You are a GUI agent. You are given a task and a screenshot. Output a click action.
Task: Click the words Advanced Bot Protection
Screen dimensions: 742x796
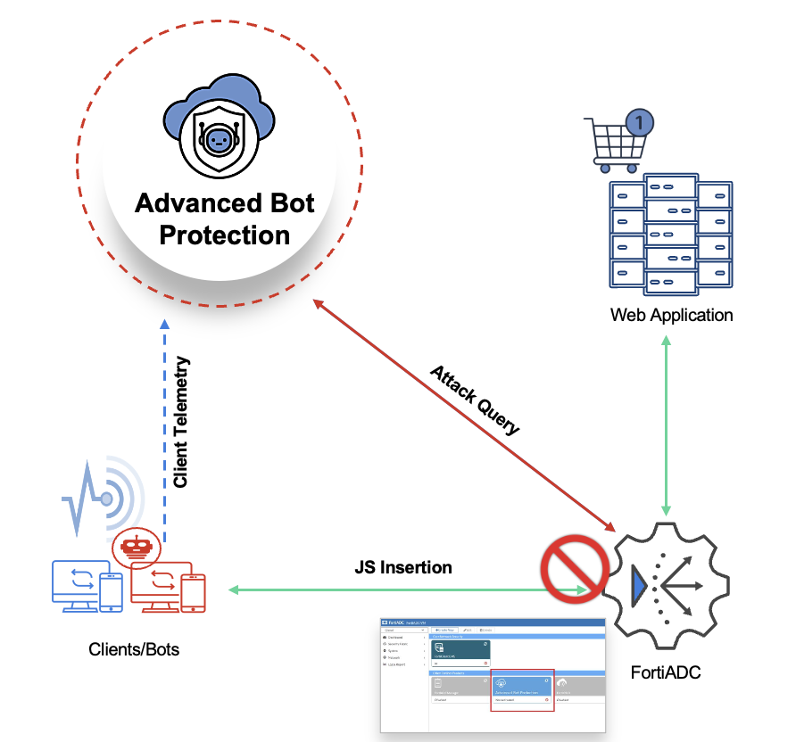pyautogui.click(x=224, y=219)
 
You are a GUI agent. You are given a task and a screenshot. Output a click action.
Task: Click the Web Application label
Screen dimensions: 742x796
pyautogui.click(x=671, y=315)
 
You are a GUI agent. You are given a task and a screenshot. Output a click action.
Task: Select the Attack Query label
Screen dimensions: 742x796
pyautogui.click(x=475, y=399)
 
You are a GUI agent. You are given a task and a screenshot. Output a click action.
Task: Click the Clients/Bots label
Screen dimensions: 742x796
pyautogui.click(x=134, y=649)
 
